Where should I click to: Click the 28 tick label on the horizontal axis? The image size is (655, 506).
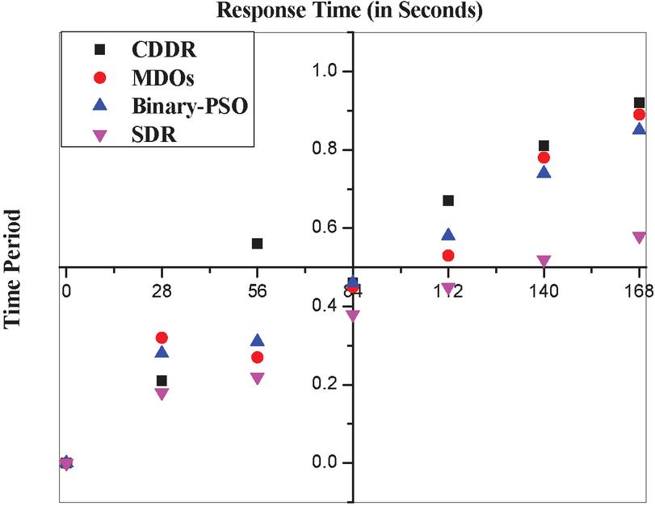pos(162,294)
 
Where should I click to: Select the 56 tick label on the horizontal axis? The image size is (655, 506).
pos(257,294)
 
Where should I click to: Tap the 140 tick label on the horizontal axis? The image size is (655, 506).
pos(544,294)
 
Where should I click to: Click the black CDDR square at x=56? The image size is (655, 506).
pos(257,244)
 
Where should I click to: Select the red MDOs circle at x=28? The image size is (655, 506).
pos(162,338)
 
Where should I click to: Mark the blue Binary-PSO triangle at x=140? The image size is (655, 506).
pos(544,172)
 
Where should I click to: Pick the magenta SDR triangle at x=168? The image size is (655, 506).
pos(639,237)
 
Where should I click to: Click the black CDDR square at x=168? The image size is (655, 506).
pos(639,102)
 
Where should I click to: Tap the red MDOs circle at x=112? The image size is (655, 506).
pos(448,256)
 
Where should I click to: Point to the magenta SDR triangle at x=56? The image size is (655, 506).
pos(257,378)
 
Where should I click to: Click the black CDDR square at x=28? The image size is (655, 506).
pos(162,381)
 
